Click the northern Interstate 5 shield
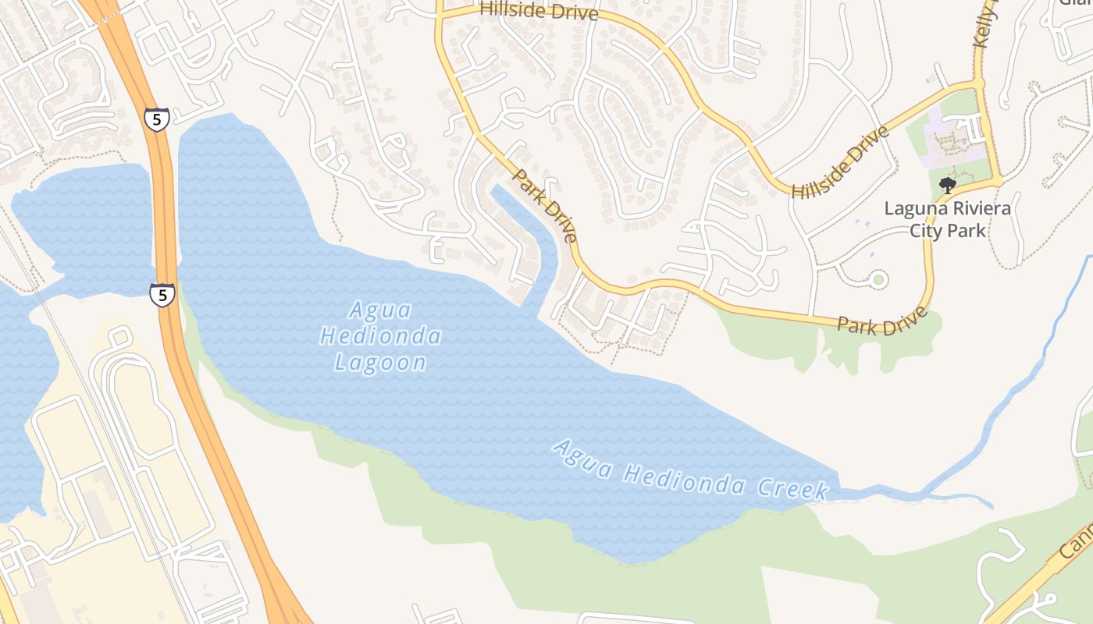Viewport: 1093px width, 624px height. click(156, 119)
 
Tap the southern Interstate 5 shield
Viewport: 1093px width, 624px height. click(162, 295)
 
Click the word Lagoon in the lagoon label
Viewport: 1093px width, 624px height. click(381, 362)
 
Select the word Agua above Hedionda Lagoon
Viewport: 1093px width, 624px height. click(380, 310)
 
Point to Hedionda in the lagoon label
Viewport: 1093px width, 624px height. click(381, 336)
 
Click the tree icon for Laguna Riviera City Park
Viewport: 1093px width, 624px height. click(948, 185)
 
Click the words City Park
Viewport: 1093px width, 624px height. click(948, 231)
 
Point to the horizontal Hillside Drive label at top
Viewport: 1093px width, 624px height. click(539, 11)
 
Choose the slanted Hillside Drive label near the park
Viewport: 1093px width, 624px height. click(840, 162)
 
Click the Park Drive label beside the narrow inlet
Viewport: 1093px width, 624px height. click(546, 207)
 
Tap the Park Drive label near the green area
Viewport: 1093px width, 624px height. click(882, 321)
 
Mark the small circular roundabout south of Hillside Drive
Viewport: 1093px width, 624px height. click(879, 278)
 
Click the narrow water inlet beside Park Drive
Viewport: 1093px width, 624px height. click(531, 234)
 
